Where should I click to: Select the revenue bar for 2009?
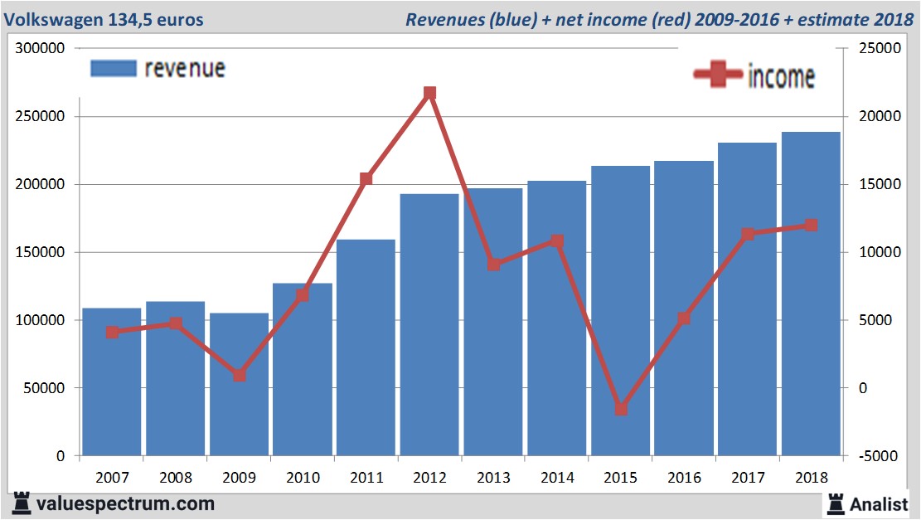[x=239, y=386]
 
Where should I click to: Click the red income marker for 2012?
[x=429, y=94]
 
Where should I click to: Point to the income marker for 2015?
[x=621, y=409]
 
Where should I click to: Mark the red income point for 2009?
[x=240, y=375]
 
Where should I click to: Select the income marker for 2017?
[x=748, y=234]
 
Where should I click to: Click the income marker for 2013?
[x=493, y=265]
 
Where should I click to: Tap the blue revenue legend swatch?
[x=113, y=69]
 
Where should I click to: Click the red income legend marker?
[x=717, y=75]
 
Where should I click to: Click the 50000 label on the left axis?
[x=48, y=388]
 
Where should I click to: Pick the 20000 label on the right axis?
[x=866, y=117]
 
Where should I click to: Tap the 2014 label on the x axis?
[x=557, y=478]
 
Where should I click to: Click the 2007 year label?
[x=112, y=478]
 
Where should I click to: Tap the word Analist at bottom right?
[x=879, y=503]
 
